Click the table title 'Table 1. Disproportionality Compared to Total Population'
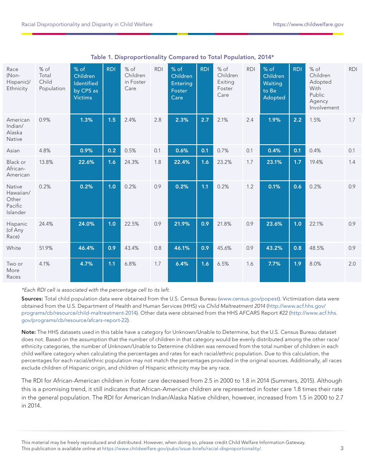coord(182,57)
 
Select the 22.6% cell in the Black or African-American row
coord(86,162)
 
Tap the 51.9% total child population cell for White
coord(46,248)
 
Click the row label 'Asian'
coord(13,150)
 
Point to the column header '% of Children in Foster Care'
coord(135,79)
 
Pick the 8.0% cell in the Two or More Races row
coord(316,264)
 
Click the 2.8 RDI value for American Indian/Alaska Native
coord(158,120)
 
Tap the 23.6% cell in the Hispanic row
coord(274,224)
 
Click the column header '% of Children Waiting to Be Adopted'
coord(274,83)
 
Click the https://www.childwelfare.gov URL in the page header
coord(308,25)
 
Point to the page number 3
coord(342,448)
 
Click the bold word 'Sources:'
coord(32,299)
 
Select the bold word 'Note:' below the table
coord(28,332)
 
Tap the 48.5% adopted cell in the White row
coord(316,248)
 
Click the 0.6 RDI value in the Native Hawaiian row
coord(297,186)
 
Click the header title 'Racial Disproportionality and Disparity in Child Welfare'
coord(87,25)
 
